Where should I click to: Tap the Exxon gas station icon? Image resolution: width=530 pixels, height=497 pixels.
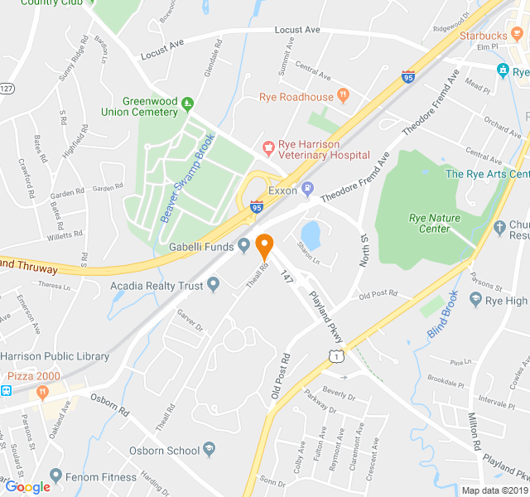[x=307, y=190]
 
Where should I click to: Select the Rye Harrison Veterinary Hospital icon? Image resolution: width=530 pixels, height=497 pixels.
[x=267, y=148]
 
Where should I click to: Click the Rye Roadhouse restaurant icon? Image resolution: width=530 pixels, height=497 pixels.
[x=343, y=97]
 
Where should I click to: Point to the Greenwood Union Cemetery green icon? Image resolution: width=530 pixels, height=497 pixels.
[x=187, y=103]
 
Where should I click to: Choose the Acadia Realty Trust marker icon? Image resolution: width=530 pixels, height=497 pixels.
[x=214, y=286]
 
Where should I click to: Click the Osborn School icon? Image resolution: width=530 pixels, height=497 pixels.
[x=210, y=450]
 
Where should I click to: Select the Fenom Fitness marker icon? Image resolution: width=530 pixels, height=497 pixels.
[x=55, y=476]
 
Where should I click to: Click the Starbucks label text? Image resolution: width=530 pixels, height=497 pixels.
[x=484, y=36]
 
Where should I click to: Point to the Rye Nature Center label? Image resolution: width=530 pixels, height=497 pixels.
[x=441, y=224]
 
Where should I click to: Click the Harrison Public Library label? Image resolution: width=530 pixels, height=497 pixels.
[x=55, y=357]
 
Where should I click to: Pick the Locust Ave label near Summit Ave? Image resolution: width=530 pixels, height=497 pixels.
[x=301, y=30]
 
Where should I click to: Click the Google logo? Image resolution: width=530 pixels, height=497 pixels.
[x=27, y=487]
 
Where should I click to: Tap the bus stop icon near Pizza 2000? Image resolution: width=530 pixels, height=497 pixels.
[x=7, y=390]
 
